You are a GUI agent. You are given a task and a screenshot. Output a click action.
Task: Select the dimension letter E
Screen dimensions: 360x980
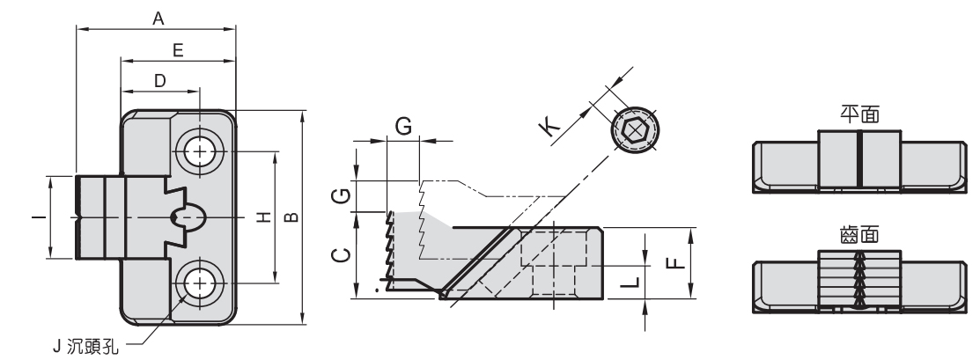click(178, 51)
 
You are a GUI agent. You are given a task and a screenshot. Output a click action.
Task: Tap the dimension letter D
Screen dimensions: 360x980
click(159, 80)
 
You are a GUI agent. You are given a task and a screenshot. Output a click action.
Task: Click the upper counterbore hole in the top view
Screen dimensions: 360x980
click(202, 151)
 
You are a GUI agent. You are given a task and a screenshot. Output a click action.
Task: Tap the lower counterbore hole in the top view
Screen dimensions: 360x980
click(202, 283)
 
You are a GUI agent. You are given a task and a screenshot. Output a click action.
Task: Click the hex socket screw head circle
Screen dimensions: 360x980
click(634, 129)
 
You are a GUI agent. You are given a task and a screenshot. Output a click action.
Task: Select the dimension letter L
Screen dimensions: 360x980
click(626, 282)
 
